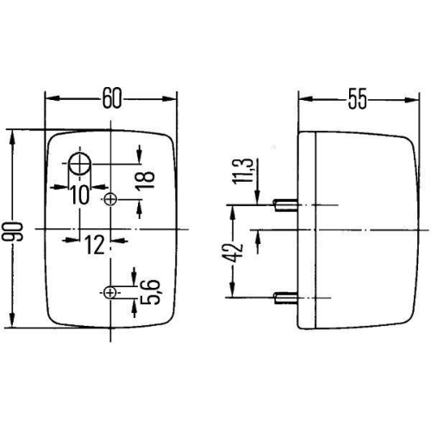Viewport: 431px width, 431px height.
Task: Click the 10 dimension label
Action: click(80, 195)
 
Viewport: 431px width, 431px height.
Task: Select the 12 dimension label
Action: click(95, 245)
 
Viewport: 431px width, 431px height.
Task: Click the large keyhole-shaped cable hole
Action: click(81, 163)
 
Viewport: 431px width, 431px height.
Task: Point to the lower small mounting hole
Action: click(109, 294)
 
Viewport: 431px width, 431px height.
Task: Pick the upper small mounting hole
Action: click(110, 200)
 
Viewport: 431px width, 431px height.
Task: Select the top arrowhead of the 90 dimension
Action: click(11, 134)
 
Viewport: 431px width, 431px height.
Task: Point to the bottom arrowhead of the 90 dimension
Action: click(11, 329)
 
